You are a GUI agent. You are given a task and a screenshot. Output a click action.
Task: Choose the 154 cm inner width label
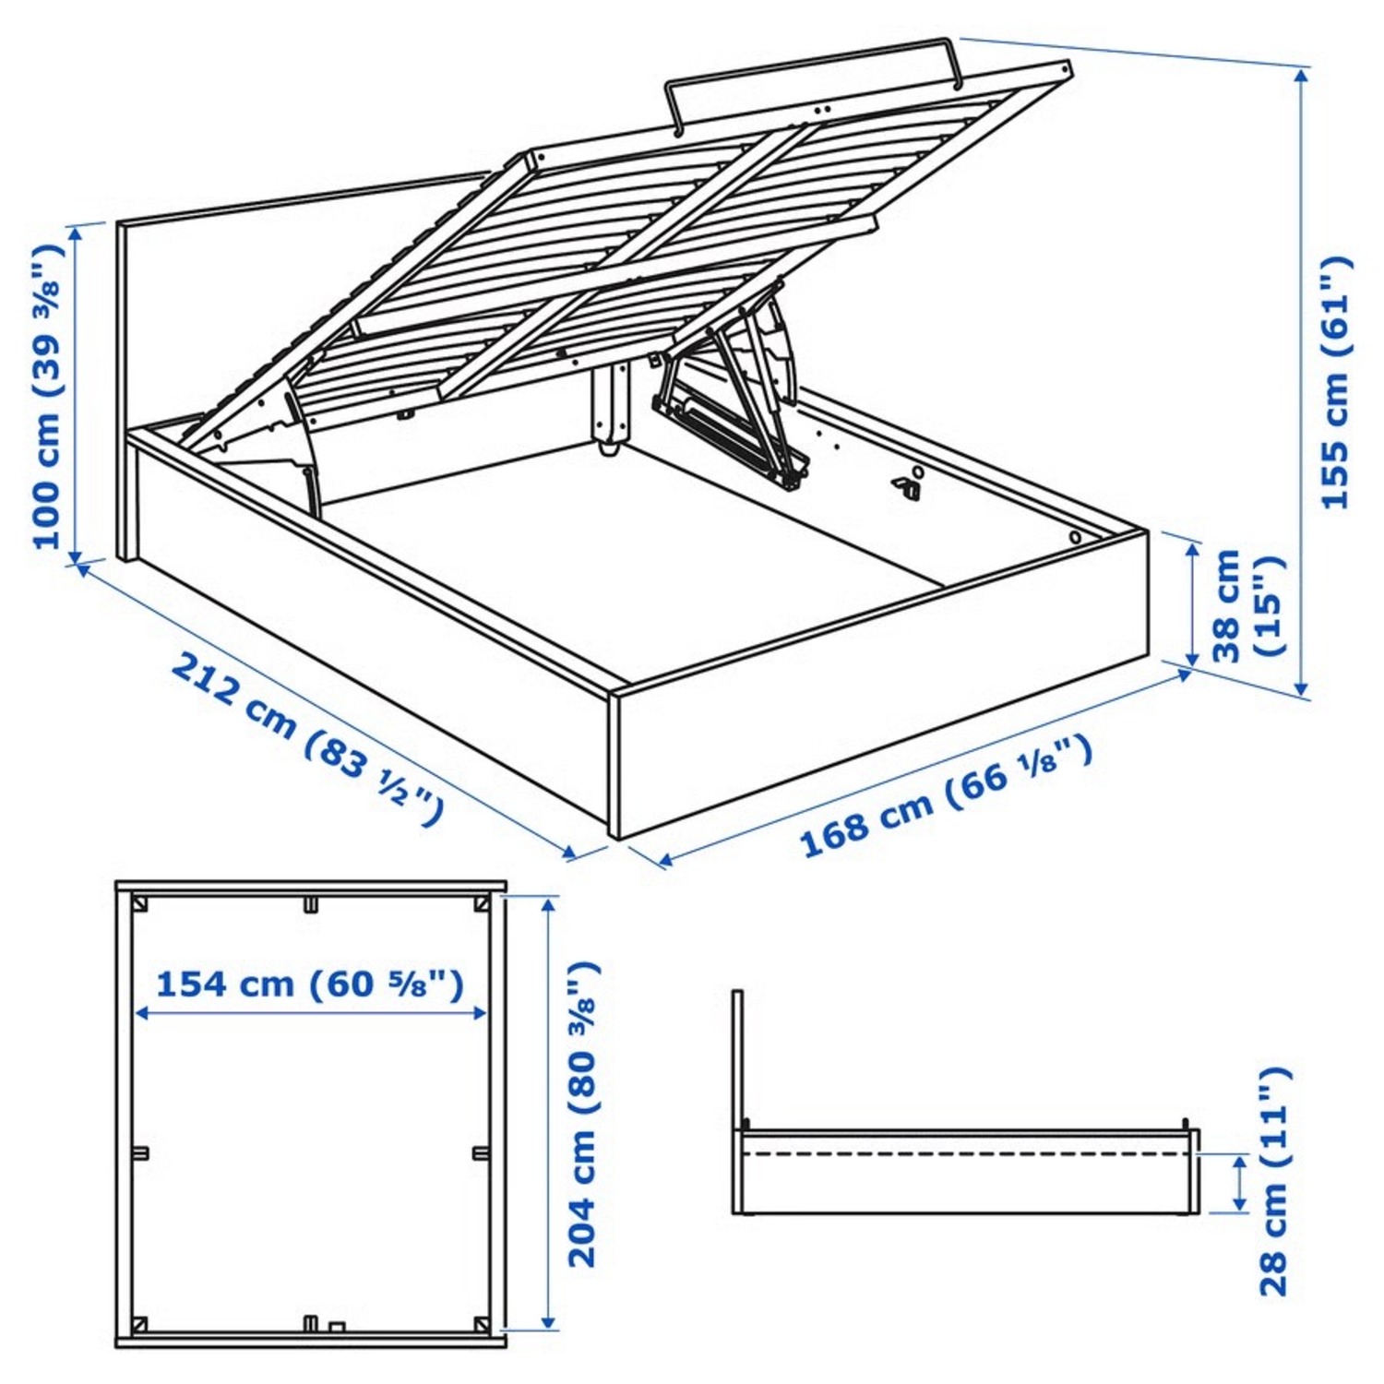pos(309,984)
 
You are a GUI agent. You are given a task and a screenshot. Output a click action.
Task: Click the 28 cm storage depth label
pos(1273,1181)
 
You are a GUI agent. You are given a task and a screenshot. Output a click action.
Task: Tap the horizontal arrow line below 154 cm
pos(310,1013)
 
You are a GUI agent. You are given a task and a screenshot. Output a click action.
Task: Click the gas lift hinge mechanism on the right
pos(729,406)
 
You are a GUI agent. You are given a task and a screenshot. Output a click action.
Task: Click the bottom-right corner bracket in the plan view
pos(480,1325)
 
